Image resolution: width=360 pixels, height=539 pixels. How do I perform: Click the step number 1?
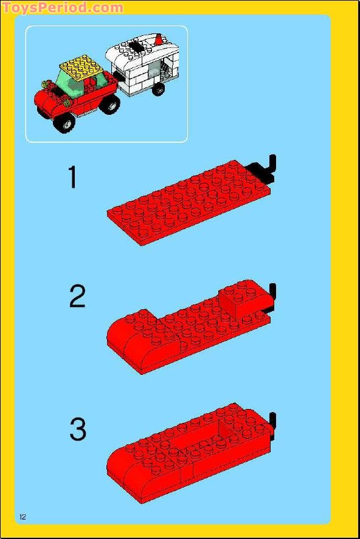pyautogui.click(x=73, y=177)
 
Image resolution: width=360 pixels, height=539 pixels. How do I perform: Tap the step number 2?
pyautogui.click(x=77, y=297)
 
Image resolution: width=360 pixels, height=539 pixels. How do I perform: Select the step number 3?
pyautogui.click(x=78, y=428)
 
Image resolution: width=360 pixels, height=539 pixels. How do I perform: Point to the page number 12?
pyautogui.click(x=22, y=517)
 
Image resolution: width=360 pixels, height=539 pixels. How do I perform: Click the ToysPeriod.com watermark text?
pyautogui.click(x=62, y=7)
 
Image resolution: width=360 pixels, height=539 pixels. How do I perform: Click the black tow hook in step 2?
pyautogui.click(x=272, y=295)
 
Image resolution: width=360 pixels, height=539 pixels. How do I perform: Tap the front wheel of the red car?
pyautogui.click(x=63, y=123)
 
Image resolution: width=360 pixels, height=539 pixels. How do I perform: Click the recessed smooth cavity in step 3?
pyautogui.click(x=204, y=441)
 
